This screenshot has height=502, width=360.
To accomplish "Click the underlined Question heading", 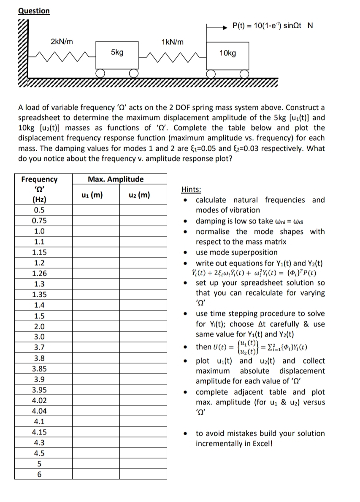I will coord(34,11).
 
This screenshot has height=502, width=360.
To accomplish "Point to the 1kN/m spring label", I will coord(173,41).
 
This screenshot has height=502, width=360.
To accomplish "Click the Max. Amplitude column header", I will coord(115,179).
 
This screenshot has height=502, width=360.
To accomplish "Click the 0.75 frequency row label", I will coord(39,221).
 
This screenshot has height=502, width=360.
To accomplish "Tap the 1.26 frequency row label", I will coord(39,274).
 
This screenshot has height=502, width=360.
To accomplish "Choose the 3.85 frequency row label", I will coord(39,369).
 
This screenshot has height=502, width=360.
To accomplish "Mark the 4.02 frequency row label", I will coord(39,400).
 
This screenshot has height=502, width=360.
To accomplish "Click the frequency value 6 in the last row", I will coord(39,474).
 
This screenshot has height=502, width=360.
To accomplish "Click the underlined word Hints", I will coord(191,190).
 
